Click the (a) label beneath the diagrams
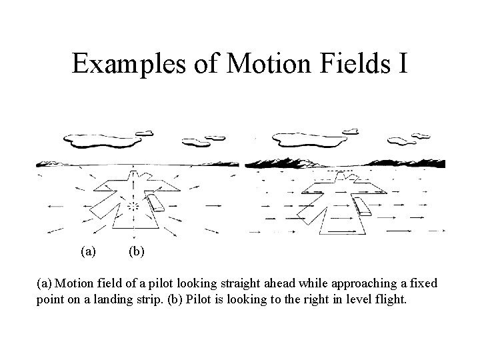click(x=87, y=252)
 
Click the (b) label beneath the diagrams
click(x=135, y=252)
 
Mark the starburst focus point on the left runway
click(x=135, y=207)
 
